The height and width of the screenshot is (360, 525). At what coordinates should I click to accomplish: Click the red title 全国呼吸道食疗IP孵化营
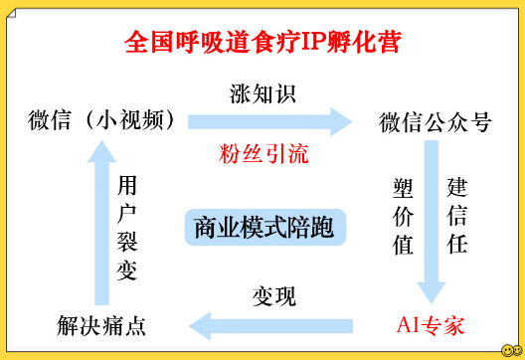click(262, 42)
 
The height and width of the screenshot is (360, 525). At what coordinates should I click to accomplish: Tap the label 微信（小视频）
click(101, 120)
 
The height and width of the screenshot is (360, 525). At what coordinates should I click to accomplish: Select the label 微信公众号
click(435, 122)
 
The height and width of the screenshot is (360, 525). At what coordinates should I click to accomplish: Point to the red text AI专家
click(431, 325)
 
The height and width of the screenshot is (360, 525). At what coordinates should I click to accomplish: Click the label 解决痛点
click(101, 325)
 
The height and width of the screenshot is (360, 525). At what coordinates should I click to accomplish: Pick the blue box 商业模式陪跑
click(265, 228)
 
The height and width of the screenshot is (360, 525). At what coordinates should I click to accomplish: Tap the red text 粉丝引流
click(263, 154)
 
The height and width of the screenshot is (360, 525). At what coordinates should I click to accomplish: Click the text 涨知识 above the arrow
click(262, 93)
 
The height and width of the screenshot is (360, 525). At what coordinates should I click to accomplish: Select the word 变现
click(274, 296)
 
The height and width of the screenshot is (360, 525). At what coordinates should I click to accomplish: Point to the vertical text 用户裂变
click(127, 228)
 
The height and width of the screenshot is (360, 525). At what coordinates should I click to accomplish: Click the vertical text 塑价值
click(403, 217)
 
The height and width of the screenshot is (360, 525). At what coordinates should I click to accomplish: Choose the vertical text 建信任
click(457, 216)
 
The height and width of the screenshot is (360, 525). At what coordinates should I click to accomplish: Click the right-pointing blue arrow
click(269, 122)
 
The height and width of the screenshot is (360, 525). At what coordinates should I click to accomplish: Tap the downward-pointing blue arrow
click(432, 222)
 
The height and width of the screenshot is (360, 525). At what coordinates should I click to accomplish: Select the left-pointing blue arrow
click(270, 326)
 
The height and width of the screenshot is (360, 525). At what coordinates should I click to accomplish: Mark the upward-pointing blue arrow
click(101, 223)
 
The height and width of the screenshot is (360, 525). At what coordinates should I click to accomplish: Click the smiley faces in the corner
click(512, 350)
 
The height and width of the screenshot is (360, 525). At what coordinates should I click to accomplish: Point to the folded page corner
click(11, 13)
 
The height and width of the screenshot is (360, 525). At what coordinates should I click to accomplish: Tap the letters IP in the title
click(314, 42)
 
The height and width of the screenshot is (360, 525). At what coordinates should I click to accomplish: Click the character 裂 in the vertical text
click(127, 242)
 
